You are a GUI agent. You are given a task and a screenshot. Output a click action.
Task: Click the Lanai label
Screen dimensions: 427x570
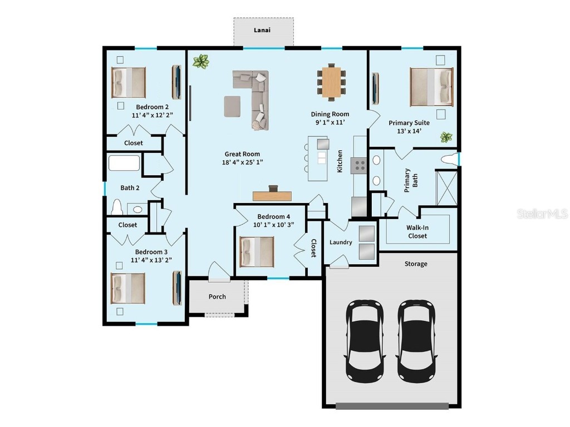263,30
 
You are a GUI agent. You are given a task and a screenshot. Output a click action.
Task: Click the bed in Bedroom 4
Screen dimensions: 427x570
257,251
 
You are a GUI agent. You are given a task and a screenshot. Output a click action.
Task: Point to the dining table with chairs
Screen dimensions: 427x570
331,83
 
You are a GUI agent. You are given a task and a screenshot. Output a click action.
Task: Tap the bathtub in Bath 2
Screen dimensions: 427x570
124,163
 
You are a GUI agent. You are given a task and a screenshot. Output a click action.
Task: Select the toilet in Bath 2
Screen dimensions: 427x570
117,207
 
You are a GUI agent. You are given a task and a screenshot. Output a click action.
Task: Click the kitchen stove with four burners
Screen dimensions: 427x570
360,165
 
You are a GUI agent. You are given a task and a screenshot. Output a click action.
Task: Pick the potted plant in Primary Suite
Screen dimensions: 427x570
445,137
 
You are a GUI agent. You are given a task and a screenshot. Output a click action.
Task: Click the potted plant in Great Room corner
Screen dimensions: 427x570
200,61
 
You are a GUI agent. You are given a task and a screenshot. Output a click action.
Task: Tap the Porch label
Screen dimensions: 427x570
217,296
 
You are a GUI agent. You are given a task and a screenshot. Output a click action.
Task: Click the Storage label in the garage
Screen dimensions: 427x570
416,264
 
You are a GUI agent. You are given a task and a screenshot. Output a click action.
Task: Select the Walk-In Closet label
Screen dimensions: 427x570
417,231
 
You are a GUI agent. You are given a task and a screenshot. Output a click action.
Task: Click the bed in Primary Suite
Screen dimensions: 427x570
431,87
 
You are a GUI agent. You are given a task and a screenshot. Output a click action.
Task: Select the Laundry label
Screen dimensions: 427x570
341,242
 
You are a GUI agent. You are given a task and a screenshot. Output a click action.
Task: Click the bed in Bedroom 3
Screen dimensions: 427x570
128,289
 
